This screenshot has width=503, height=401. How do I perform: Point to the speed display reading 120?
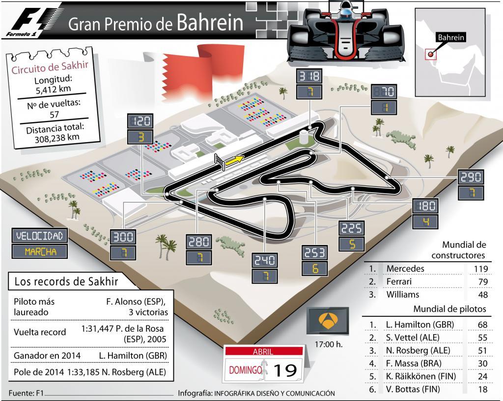coord(140,121)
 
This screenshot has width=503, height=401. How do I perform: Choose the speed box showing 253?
coord(315,253)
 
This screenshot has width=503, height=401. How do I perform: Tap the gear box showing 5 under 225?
coord(352,244)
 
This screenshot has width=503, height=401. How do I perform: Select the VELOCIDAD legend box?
coord(40,236)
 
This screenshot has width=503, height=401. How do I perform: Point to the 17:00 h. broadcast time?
coord(328,344)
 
